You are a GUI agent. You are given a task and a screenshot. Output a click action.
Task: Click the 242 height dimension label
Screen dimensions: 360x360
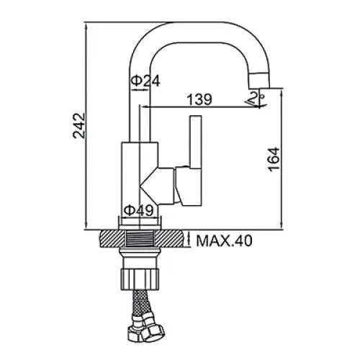(79, 125)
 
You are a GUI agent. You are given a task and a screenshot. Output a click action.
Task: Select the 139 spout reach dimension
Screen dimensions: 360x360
(199, 99)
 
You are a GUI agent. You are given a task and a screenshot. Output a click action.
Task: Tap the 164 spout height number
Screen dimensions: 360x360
(274, 159)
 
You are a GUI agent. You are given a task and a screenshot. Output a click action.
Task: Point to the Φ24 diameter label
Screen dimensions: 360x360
(145, 81)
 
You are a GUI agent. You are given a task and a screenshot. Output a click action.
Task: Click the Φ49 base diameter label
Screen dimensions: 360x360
(138, 210)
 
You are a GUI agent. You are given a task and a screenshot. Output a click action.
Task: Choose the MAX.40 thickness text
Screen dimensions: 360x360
(225, 240)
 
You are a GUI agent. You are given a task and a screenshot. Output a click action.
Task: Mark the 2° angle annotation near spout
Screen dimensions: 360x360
(255, 99)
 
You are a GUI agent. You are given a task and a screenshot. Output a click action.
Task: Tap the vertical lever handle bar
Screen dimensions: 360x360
(196, 142)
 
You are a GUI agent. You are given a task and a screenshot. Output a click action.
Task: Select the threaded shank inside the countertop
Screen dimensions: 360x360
(140, 238)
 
